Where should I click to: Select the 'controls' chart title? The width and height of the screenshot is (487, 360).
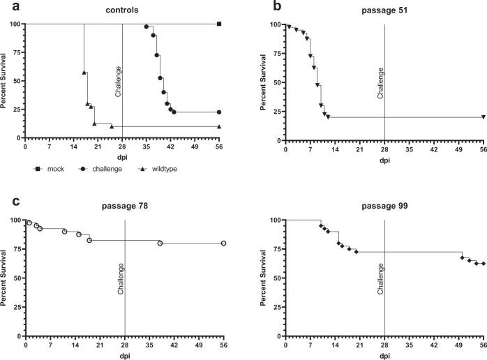[121, 11]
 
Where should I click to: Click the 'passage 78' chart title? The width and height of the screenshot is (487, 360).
[123, 208]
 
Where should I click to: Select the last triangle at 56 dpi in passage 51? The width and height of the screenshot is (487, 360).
[483, 117]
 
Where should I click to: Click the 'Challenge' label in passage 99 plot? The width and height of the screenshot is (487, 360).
[380, 278]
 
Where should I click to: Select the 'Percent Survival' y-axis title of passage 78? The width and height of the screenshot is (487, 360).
[5, 268]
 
